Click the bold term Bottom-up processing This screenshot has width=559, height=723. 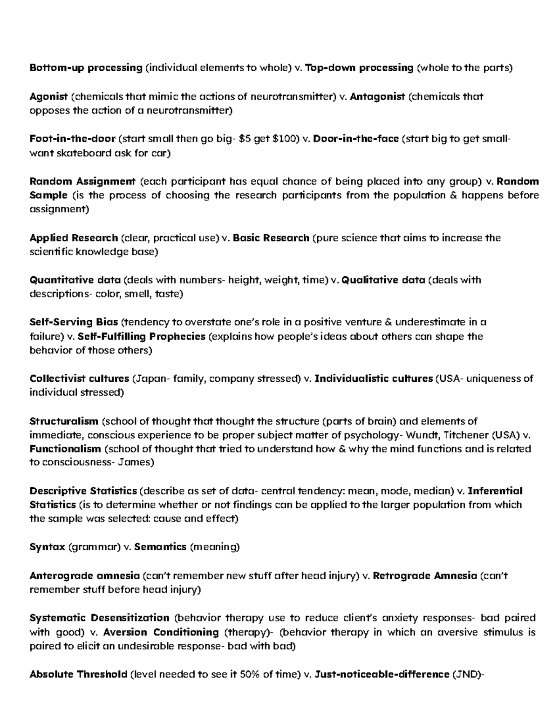coord(86,68)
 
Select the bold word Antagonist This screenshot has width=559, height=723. coord(377,97)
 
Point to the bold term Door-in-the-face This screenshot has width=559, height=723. coord(356,139)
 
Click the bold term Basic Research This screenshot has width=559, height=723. coord(271,238)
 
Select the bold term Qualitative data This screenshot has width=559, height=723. coord(383,280)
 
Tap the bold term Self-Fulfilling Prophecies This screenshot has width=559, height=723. coord(142,337)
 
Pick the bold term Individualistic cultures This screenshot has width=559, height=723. coord(374,378)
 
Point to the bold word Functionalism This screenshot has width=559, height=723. coord(65,449)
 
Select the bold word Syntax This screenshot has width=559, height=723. coord(47,547)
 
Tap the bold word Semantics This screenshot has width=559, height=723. coord(160,547)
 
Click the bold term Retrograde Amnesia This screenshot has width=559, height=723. coord(425,576)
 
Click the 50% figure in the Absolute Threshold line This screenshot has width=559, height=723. coord(251,675)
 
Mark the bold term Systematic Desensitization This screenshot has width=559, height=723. coord(99,618)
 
